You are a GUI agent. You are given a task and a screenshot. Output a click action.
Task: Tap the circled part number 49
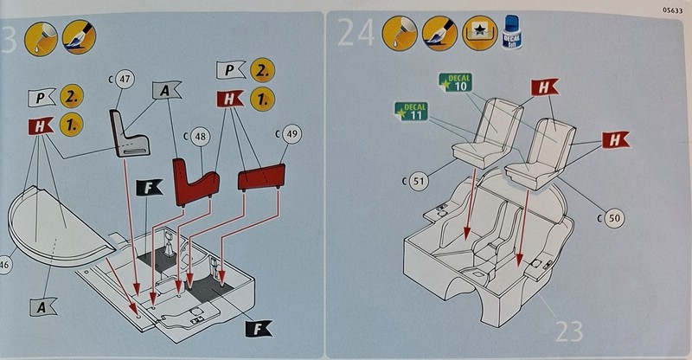(x=291, y=134)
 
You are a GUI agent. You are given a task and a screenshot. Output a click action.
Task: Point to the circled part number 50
(x=612, y=218)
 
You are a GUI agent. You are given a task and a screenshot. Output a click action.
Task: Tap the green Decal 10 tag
(x=457, y=83)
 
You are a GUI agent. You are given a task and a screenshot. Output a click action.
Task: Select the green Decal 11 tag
(x=412, y=112)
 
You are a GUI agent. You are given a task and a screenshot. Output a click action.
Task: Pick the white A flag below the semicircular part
(x=42, y=305)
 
